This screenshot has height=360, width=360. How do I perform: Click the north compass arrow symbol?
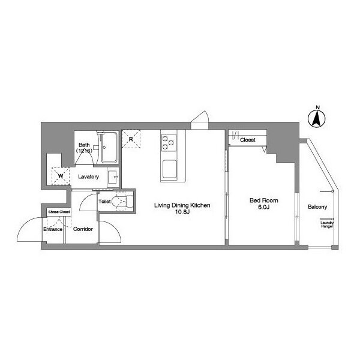click(317, 119)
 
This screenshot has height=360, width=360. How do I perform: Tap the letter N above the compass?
click(318, 107)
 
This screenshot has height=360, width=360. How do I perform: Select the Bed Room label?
click(264, 200)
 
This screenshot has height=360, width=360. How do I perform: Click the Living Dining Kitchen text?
click(182, 205)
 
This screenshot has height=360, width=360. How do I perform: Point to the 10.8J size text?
click(182, 212)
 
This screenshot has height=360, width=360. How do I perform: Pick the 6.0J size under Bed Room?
click(264, 207)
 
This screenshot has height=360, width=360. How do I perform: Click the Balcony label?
click(317, 207)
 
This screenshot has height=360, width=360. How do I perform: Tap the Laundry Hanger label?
click(327, 224)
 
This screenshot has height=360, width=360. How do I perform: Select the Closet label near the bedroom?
click(247, 140)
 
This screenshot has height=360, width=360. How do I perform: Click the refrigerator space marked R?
click(131, 139)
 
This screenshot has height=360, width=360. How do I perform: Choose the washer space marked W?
click(61, 176)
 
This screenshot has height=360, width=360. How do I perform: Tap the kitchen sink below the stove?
click(170, 169)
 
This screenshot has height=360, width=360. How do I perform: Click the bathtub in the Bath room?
click(109, 147)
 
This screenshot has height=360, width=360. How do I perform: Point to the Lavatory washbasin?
click(113, 177)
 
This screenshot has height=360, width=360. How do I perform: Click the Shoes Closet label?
click(59, 212)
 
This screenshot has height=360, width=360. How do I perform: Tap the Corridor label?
click(83, 229)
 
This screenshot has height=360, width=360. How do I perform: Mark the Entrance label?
click(53, 229)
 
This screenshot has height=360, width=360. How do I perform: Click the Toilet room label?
click(104, 202)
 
